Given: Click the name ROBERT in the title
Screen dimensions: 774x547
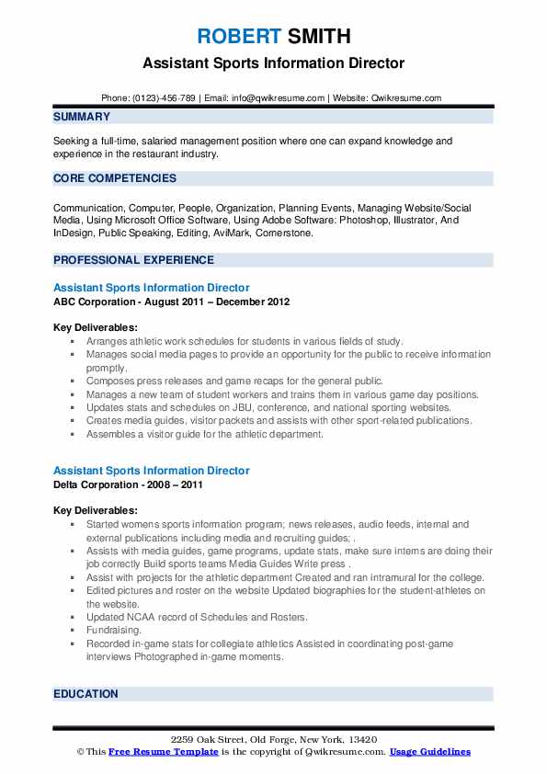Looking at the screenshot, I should tap(238, 37).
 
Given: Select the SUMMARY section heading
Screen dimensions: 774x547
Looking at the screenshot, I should tap(82, 117).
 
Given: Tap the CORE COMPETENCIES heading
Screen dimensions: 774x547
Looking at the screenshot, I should tap(115, 178).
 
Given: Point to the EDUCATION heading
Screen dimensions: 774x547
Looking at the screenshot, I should tap(85, 694).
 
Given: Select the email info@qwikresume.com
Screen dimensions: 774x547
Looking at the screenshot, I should tap(279, 97).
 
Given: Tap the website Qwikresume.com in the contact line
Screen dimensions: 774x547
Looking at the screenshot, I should tap(407, 97).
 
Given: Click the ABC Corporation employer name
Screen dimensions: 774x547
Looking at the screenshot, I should tap(95, 302).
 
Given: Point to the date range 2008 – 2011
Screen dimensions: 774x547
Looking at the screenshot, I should tap(175, 484).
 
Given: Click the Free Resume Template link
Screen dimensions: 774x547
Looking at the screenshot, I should tap(163, 752).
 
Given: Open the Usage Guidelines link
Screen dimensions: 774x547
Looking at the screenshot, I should tap(429, 752).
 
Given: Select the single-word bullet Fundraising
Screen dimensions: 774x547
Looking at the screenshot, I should tap(114, 631).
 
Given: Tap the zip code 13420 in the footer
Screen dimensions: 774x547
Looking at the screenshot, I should tap(360, 739).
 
